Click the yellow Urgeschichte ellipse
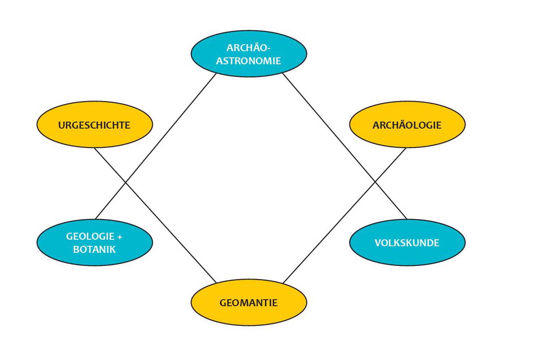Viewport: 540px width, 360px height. point(95,124)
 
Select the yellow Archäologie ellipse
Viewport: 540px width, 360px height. point(408,124)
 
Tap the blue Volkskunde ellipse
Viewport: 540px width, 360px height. point(408,243)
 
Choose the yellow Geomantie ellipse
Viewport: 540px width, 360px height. point(249,302)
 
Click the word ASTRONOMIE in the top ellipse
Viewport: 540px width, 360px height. point(248,61)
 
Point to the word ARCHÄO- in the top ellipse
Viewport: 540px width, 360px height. point(248,47)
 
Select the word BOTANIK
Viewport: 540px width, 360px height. point(94,250)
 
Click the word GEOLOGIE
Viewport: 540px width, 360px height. point(90,237)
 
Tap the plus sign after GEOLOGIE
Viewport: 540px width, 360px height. point(119,237)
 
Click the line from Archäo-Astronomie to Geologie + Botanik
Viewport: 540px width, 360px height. point(156,146)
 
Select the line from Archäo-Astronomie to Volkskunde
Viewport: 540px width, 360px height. point(345,146)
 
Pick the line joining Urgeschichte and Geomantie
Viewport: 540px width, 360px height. point(156,215)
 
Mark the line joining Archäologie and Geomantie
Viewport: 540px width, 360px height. point(345,216)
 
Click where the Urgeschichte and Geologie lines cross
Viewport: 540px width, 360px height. point(125,182)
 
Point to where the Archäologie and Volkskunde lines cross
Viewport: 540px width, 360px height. point(375,182)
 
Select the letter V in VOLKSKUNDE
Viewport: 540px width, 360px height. point(378,243)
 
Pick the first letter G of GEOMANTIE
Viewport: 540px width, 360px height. point(223,303)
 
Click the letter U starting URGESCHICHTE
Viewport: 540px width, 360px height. point(62,126)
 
